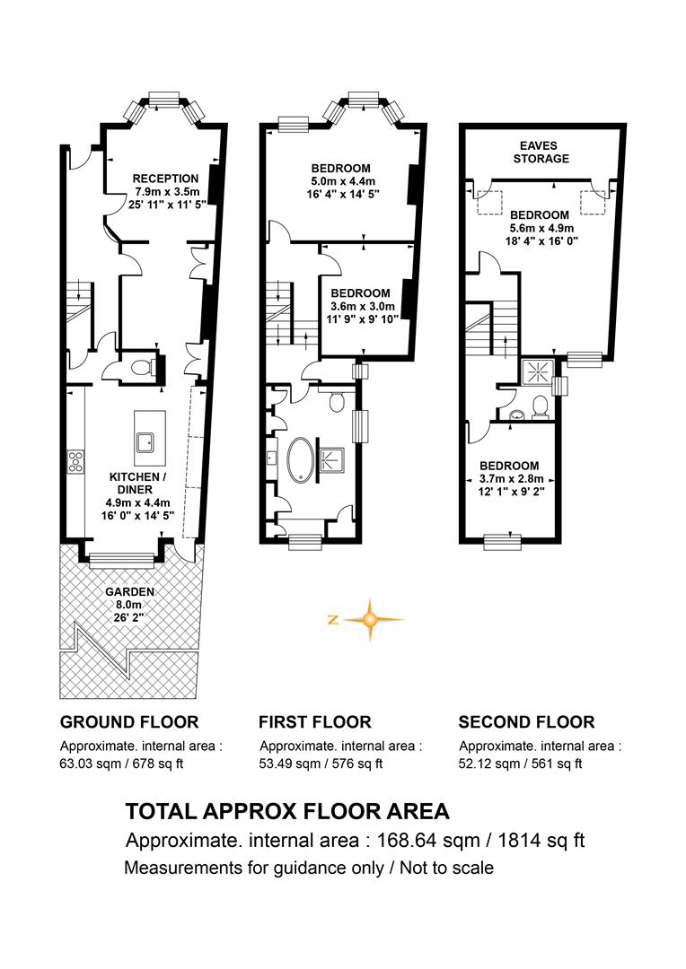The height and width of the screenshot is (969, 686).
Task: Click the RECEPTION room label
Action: (166, 179)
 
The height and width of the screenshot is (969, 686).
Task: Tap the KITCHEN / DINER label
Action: (138, 484)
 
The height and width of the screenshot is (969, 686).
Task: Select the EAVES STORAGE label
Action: (541, 152)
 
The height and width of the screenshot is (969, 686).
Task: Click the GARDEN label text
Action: (130, 592)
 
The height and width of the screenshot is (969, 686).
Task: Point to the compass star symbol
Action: (371, 619)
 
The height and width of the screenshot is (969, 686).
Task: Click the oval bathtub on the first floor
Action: (301, 460)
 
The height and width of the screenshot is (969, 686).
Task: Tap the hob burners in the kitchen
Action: (76, 462)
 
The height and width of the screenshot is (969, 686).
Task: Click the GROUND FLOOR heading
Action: (129, 721)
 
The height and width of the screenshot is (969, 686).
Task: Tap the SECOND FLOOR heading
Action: (526, 721)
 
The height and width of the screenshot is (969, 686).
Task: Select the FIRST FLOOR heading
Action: (315, 721)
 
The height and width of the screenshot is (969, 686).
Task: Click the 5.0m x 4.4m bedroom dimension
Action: (343, 181)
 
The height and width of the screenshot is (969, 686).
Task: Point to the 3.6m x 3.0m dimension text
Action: (362, 307)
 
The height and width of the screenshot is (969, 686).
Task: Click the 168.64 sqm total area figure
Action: (428, 841)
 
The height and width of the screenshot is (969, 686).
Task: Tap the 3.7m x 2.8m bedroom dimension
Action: (511, 479)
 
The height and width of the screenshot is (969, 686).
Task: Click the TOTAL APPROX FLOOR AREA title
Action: (287, 811)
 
